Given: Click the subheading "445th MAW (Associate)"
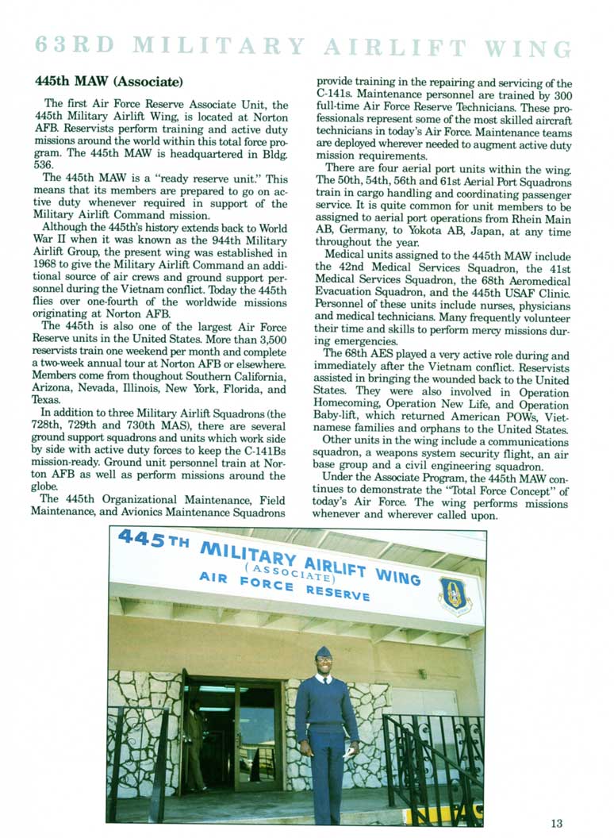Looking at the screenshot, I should click(109, 82).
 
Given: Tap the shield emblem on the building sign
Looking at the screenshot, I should click(454, 595).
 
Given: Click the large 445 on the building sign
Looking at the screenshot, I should click(144, 540).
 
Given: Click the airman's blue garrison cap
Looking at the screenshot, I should click(323, 652).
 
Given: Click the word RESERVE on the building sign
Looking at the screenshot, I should click(339, 591).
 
